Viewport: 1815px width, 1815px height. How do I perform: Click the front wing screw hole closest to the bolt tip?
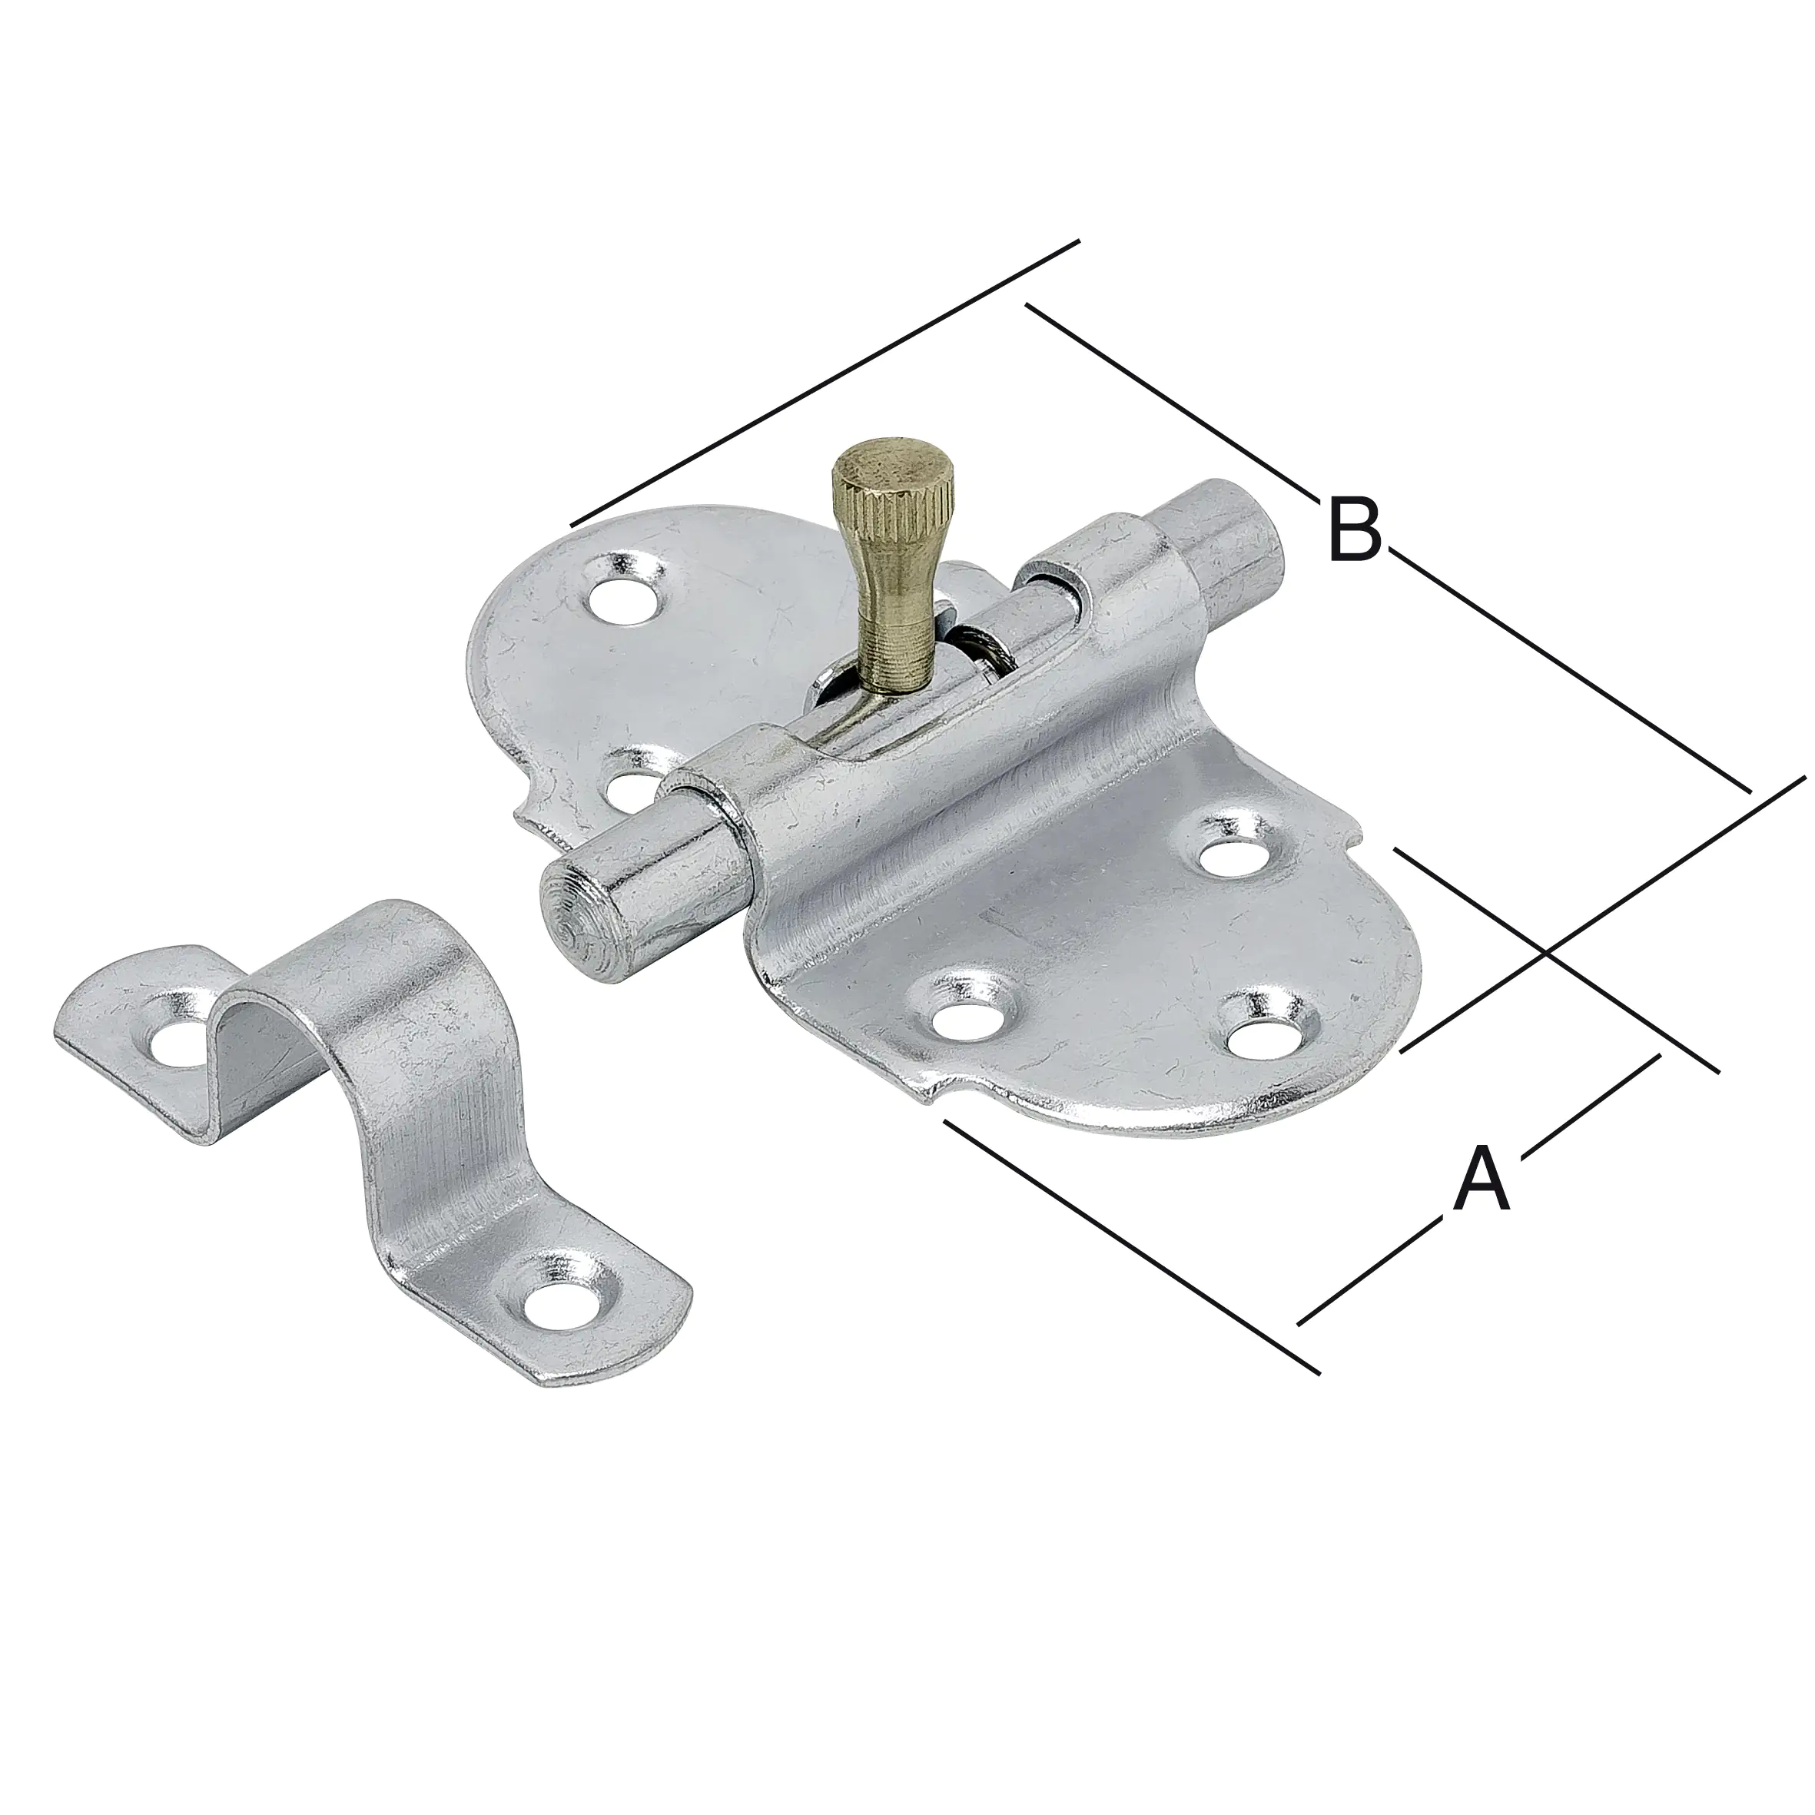pyautogui.click(x=968, y=1016)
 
